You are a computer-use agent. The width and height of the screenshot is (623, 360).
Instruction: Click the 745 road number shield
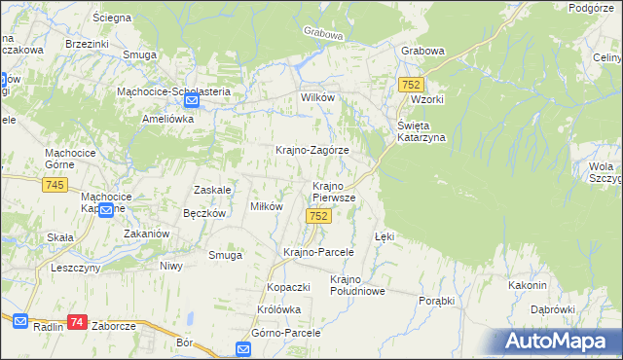click(x=55, y=186)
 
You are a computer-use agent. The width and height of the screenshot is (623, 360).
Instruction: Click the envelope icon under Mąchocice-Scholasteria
click(x=192, y=100)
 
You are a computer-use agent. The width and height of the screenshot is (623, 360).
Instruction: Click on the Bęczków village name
click(x=204, y=213)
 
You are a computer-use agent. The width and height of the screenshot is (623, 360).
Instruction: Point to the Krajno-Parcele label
click(x=317, y=252)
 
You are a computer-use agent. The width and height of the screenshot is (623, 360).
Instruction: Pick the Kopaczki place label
click(x=288, y=289)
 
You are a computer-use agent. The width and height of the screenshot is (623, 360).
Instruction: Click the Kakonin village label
click(x=527, y=285)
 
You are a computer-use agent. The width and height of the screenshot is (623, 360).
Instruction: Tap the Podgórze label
click(x=595, y=8)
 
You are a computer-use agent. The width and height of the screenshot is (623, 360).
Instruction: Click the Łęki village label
click(x=385, y=236)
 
